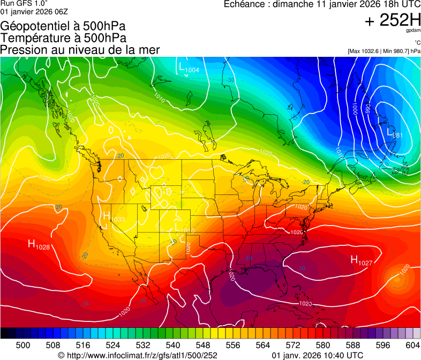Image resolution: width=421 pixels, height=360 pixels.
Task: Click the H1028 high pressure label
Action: pos(39,245)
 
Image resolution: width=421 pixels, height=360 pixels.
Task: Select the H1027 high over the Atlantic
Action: pos(361,260)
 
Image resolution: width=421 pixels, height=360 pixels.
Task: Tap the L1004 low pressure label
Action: pos(189,68)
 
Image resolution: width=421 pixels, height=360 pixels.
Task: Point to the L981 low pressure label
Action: pos(395,132)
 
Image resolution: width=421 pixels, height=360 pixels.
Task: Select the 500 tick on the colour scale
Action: pos(23,345)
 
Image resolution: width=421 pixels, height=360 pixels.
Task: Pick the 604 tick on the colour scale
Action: pos(412,345)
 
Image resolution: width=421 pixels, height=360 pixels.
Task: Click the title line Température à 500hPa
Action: pos(64,38)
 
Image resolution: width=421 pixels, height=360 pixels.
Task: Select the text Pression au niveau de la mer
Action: pos(80,50)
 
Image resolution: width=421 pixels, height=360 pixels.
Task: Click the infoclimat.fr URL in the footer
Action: pos(138,355)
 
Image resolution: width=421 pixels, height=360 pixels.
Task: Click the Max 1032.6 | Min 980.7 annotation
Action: pos(384,51)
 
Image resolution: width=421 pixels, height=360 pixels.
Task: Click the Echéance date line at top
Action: pos(322,5)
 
